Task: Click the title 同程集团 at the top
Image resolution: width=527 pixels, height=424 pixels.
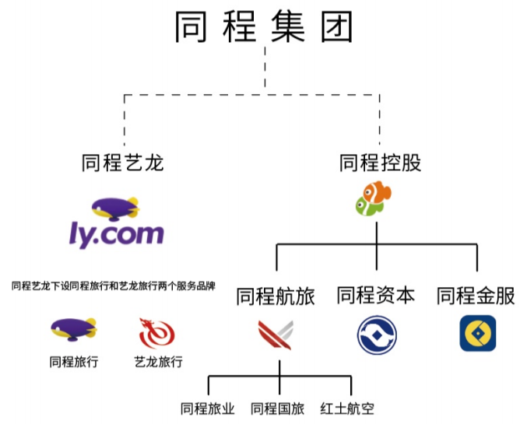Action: (264, 26)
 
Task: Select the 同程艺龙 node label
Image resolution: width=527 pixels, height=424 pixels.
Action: (123, 163)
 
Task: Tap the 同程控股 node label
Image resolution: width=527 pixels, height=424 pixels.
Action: (381, 163)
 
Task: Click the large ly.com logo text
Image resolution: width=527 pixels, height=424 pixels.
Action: (116, 233)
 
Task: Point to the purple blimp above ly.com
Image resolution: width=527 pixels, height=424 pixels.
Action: (115, 208)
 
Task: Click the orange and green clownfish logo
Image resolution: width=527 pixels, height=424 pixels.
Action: (374, 198)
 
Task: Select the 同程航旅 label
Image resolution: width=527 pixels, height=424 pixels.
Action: (276, 296)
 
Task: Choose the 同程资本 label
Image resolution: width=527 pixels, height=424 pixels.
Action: (376, 296)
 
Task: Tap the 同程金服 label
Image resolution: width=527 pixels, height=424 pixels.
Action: (476, 296)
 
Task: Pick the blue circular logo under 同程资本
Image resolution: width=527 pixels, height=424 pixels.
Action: (377, 335)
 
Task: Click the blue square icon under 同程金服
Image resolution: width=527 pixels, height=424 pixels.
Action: (477, 333)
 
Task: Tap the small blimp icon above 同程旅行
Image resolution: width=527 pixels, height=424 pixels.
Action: (73, 329)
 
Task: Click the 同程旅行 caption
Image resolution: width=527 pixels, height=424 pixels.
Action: (73, 363)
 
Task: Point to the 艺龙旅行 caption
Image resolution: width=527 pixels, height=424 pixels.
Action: (158, 363)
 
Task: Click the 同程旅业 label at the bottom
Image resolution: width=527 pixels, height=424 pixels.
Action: (207, 408)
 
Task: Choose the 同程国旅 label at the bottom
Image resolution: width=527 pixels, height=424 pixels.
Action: (278, 408)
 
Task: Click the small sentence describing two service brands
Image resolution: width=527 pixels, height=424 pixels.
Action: (114, 286)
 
